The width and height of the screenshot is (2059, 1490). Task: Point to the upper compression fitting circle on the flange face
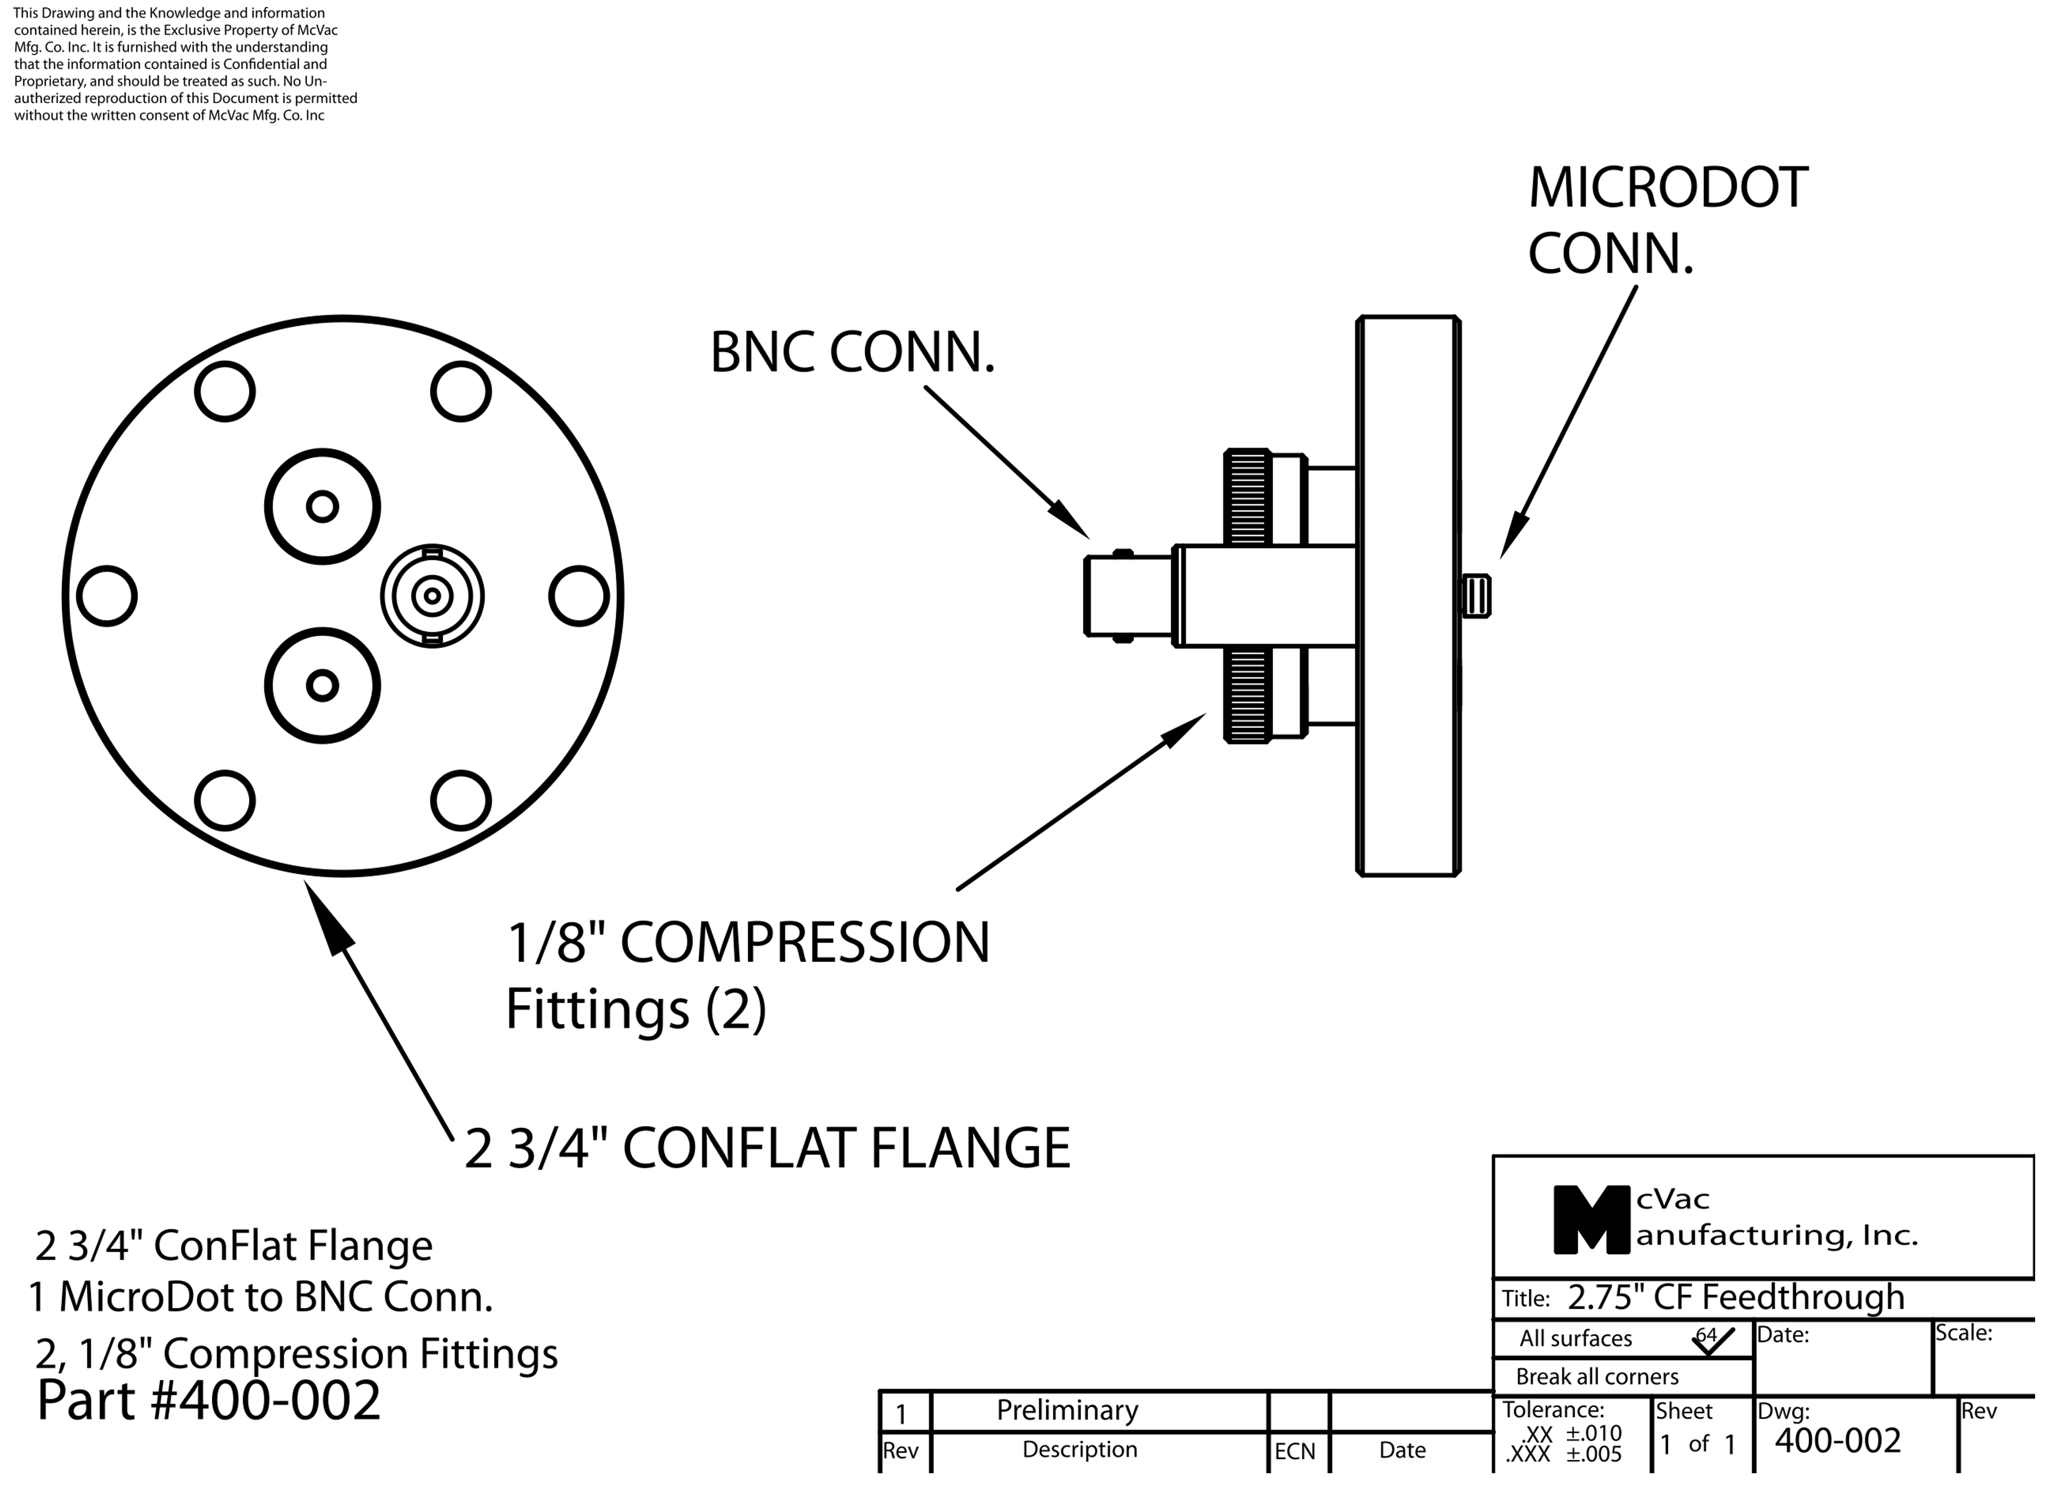(322, 507)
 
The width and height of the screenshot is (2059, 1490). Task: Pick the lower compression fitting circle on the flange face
(322, 686)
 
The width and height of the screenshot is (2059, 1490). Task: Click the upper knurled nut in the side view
(1247, 497)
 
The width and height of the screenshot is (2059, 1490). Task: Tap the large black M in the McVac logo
(1590, 1220)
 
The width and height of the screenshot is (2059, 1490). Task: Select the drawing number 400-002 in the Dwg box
(1838, 1441)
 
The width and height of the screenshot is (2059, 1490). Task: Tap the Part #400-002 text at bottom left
(209, 1401)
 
